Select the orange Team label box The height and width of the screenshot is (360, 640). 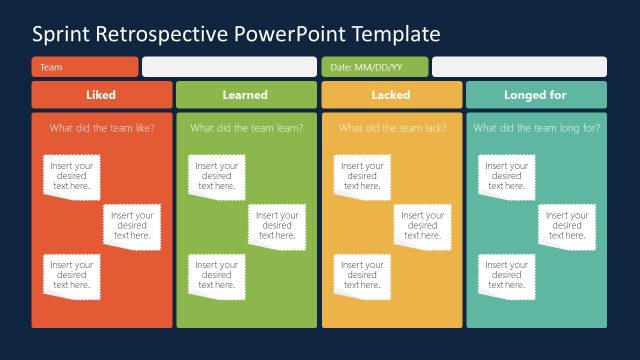click(x=85, y=67)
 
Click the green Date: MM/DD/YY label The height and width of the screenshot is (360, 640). click(x=374, y=67)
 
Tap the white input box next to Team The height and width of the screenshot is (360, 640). click(x=229, y=67)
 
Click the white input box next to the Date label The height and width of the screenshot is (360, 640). click(x=519, y=67)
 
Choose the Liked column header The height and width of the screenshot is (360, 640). click(x=101, y=95)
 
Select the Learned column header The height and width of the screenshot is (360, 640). click(x=246, y=95)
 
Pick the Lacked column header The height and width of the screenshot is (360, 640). click(x=391, y=95)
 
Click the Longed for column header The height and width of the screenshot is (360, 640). click(x=536, y=95)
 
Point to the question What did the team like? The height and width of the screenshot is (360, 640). click(x=101, y=128)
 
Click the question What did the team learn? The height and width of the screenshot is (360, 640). click(x=246, y=128)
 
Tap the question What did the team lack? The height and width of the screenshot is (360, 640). click(x=391, y=128)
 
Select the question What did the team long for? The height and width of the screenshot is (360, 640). click(x=536, y=128)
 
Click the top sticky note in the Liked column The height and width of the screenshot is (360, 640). click(x=72, y=176)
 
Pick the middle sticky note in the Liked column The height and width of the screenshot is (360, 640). click(x=132, y=225)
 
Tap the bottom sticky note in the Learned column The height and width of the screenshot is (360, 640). click(x=217, y=275)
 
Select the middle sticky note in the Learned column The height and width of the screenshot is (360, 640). click(x=277, y=225)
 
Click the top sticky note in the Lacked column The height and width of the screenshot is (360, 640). click(x=362, y=176)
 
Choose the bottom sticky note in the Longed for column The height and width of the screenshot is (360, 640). click(x=507, y=275)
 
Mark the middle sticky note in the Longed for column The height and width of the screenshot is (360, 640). click(x=567, y=225)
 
